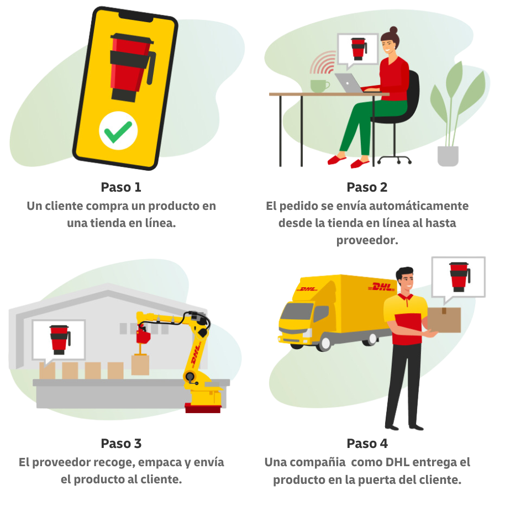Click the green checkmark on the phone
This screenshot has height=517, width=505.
pyautogui.click(x=118, y=131)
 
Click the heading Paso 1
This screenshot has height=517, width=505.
pyautogui.click(x=121, y=187)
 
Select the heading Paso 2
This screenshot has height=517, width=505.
pyautogui.click(x=367, y=187)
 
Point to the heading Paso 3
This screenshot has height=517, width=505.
pyautogui.click(x=121, y=444)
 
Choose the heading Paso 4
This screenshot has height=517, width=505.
pyautogui.click(x=367, y=444)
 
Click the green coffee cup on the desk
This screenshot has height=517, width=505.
pyautogui.click(x=319, y=86)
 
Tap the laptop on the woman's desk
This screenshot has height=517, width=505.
pyautogui.click(x=348, y=83)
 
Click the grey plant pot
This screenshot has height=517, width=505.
pyautogui.click(x=448, y=156)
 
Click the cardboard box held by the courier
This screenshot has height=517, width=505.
pyautogui.click(x=444, y=320)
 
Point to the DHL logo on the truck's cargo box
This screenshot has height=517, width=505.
pyautogui.click(x=382, y=287)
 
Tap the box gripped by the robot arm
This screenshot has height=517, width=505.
pyautogui.click(x=140, y=365)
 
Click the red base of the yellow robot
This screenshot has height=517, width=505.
pyautogui.click(x=203, y=408)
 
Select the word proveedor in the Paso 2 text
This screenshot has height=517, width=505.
pyautogui.click(x=367, y=241)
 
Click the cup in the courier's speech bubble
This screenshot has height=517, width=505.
pyautogui.click(x=459, y=276)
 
